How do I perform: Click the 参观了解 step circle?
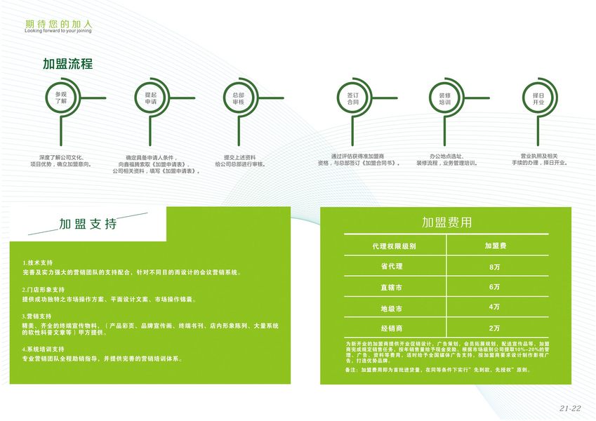coord(61,98)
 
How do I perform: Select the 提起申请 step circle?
coord(150,98)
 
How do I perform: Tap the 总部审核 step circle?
coord(239,98)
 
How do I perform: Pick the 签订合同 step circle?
coord(352,98)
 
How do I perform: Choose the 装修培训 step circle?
coord(444,98)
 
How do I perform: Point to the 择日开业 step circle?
coord(538,98)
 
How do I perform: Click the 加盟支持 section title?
coord(88,225)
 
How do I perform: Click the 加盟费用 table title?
coord(446,223)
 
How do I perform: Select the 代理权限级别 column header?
coord(395,246)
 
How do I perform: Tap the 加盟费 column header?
coord(496,246)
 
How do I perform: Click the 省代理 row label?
coord(392,267)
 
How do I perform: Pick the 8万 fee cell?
coord(495,267)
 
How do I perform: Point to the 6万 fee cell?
coord(495,288)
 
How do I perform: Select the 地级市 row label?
coord(392,308)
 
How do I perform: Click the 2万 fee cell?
coord(495,328)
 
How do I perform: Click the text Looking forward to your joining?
coord(58,32)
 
